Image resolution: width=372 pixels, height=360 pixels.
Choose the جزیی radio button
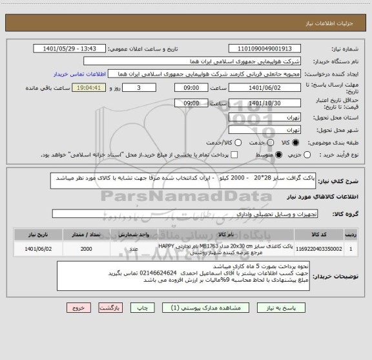click(306, 155)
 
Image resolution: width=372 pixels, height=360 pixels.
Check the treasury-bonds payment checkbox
click(235, 155)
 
